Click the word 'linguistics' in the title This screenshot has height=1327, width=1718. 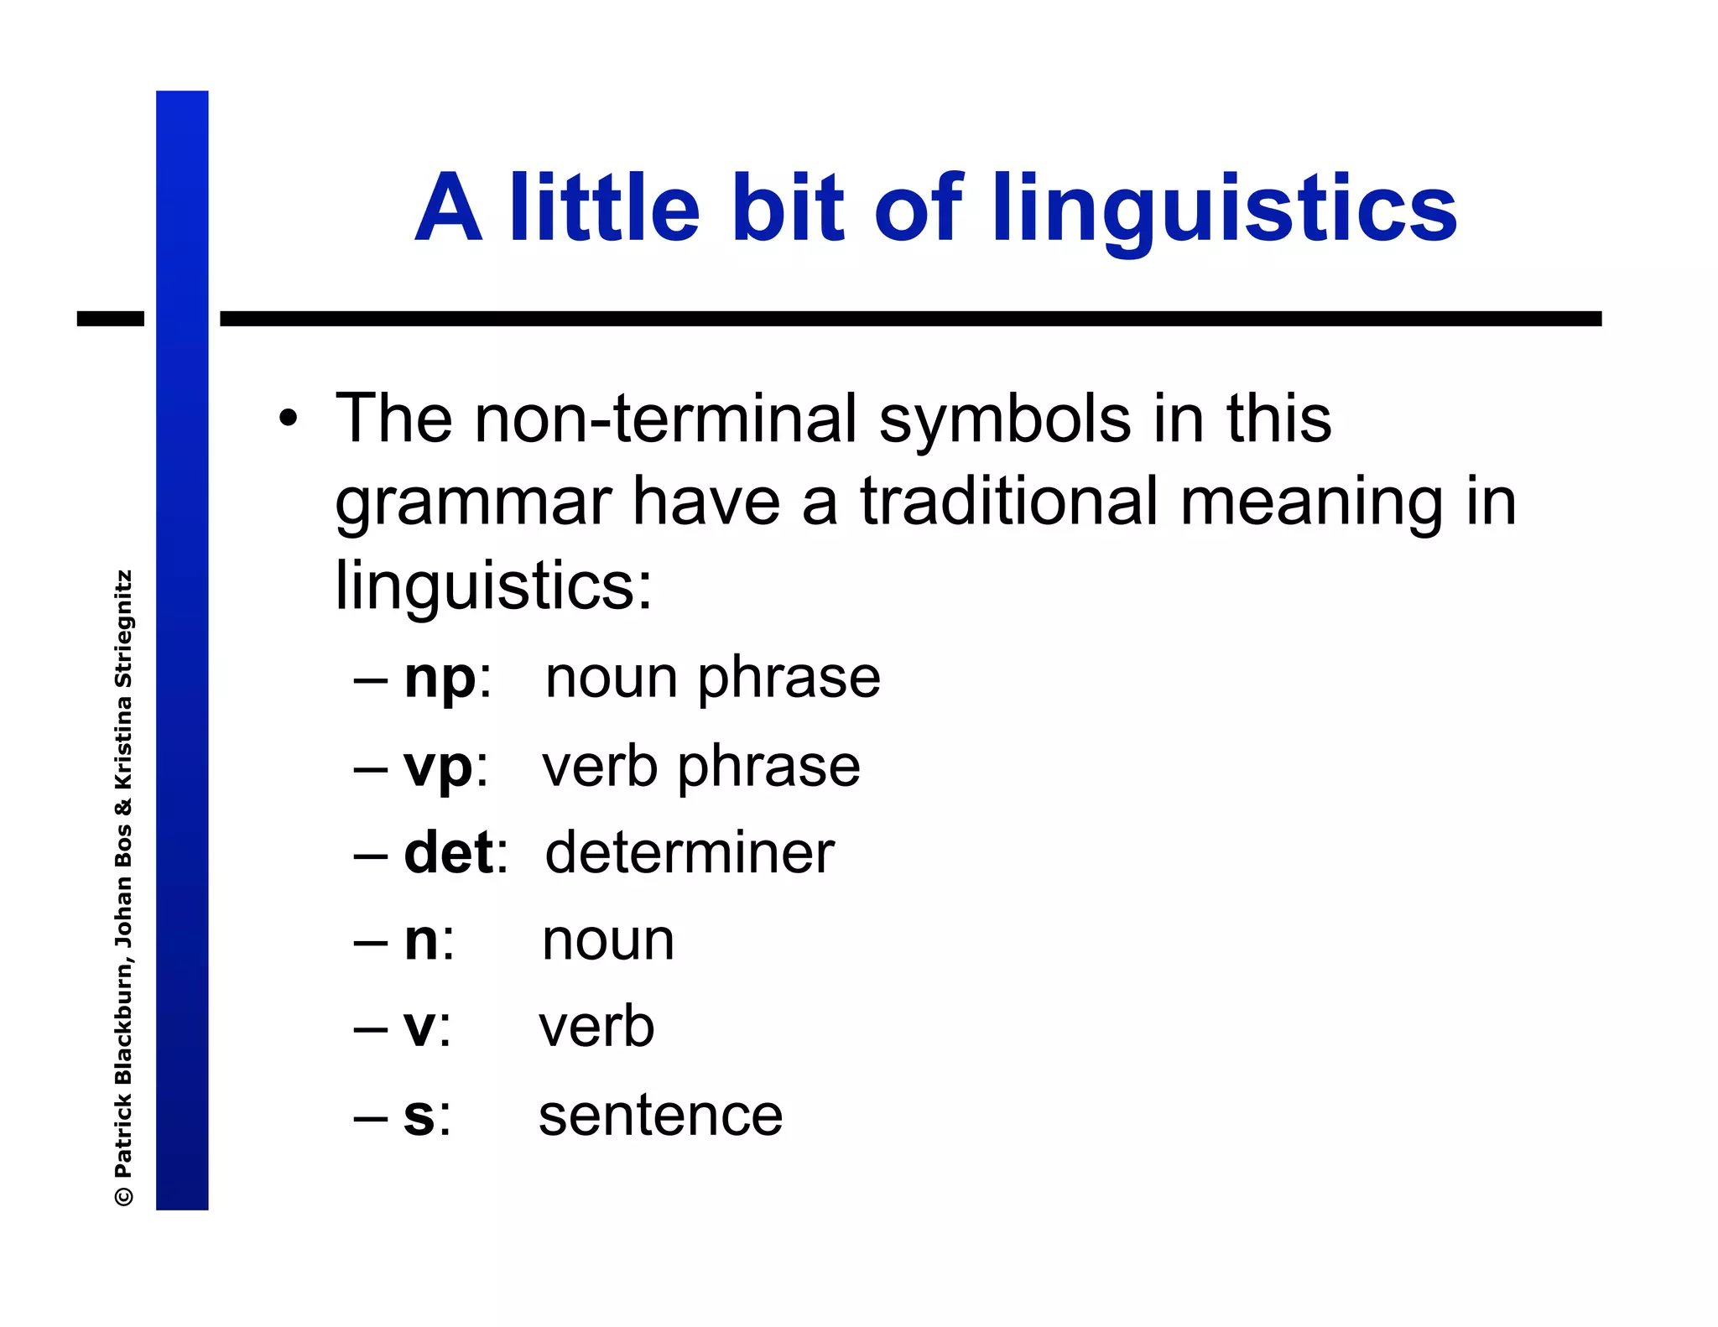pyautogui.click(x=1224, y=210)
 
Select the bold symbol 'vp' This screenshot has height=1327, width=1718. pyautogui.click(x=438, y=768)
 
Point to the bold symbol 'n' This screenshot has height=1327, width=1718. pyautogui.click(x=421, y=941)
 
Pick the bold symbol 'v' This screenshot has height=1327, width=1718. pyautogui.click(x=419, y=1028)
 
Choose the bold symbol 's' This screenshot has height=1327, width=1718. pyautogui.click(x=419, y=1117)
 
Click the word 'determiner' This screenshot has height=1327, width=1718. pyautogui.click(x=689, y=853)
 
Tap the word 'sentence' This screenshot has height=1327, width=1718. pyautogui.click(x=660, y=1116)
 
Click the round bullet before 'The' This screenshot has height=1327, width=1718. pyautogui.click(x=289, y=418)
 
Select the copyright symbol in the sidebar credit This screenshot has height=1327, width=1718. pyautogui.click(x=123, y=1194)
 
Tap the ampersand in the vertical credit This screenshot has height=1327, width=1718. pyautogui.click(x=123, y=808)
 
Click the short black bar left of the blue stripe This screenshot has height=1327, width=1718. pyautogui.click(x=111, y=319)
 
